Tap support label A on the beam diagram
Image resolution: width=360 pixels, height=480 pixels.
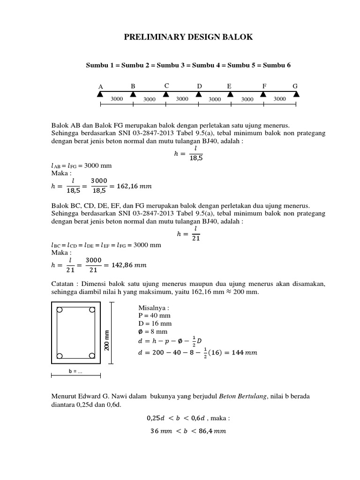[100, 87]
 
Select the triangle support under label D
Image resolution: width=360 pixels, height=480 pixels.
[199, 94]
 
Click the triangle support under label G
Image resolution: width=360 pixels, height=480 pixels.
[295, 94]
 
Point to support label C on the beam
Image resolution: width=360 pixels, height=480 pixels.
[166, 86]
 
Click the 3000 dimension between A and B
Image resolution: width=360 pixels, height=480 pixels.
[117, 99]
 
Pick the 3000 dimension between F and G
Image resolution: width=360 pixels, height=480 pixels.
[279, 99]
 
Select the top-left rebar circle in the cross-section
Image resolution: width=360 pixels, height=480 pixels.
[60, 310]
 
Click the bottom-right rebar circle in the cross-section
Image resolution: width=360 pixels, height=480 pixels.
[92, 356]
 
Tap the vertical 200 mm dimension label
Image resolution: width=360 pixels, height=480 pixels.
[107, 340]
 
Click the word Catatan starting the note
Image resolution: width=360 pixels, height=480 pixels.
[63, 284]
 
